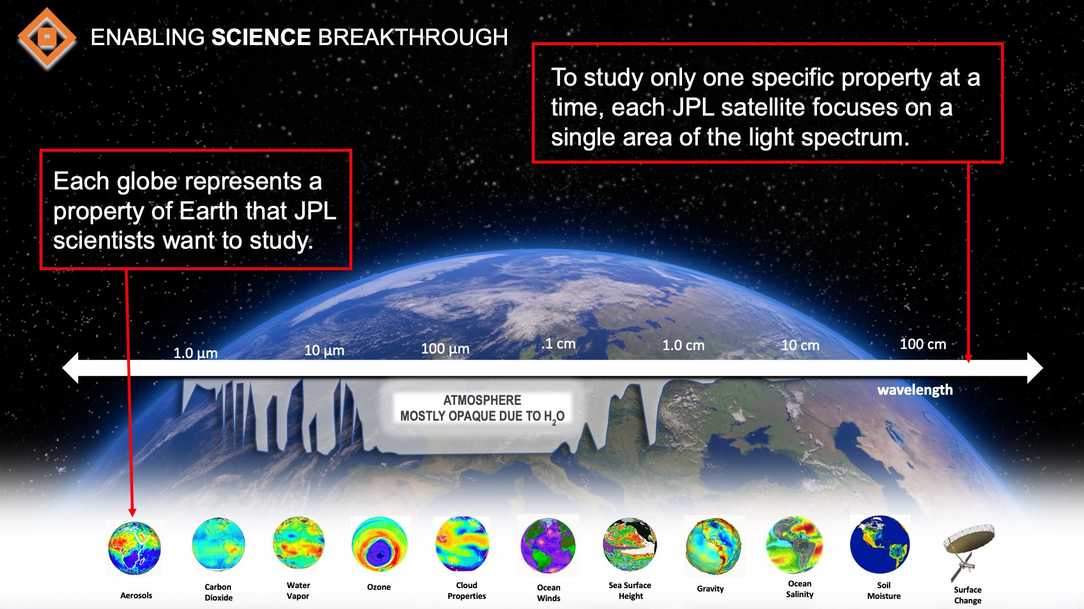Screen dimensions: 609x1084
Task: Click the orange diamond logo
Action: coord(47,38)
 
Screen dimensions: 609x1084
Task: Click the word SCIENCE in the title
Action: coord(261,38)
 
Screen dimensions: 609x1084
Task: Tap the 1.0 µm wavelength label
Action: coord(195,353)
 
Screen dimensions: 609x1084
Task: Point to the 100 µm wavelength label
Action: coord(445,348)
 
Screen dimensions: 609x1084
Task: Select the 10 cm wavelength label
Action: coord(800,345)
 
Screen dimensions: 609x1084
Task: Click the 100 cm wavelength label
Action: coord(923,344)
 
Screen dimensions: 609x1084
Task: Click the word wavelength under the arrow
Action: coord(915,390)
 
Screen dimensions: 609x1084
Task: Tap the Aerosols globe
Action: coord(134,548)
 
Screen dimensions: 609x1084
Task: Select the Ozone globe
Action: coord(379,545)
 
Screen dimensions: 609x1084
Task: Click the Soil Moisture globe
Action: coord(880,545)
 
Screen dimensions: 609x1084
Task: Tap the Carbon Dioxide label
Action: coord(218,592)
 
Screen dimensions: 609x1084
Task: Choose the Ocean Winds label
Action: coord(548,593)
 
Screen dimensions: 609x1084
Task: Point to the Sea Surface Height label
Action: coord(630,590)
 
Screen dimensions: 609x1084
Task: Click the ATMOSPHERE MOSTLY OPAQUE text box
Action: coord(482,408)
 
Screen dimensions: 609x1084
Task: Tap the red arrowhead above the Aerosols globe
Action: coord(132,512)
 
